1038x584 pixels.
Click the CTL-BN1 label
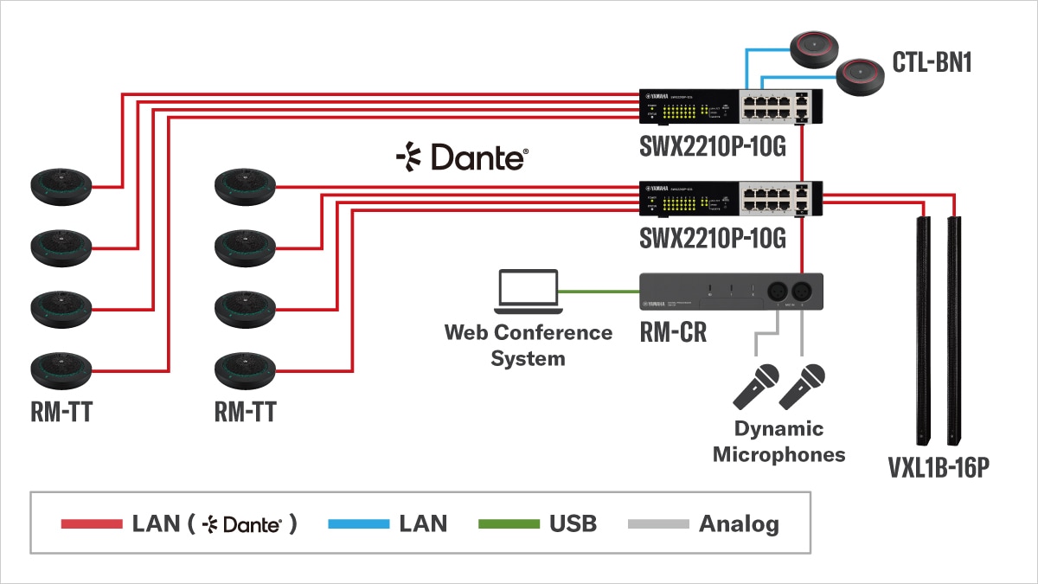pyautogui.click(x=932, y=62)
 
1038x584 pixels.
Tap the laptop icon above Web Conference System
pyautogui.click(x=526, y=292)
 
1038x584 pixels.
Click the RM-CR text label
pyautogui.click(x=673, y=331)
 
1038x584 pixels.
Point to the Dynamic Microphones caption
pyautogui.click(x=778, y=441)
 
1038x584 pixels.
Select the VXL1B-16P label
pyautogui.click(x=938, y=469)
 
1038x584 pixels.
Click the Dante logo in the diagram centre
pyautogui.click(x=462, y=157)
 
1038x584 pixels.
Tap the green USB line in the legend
pyautogui.click(x=507, y=523)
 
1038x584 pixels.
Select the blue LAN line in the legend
pyautogui.click(x=358, y=523)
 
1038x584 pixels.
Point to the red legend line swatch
pyautogui.click(x=92, y=523)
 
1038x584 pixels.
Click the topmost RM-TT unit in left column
pyautogui.click(x=61, y=186)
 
